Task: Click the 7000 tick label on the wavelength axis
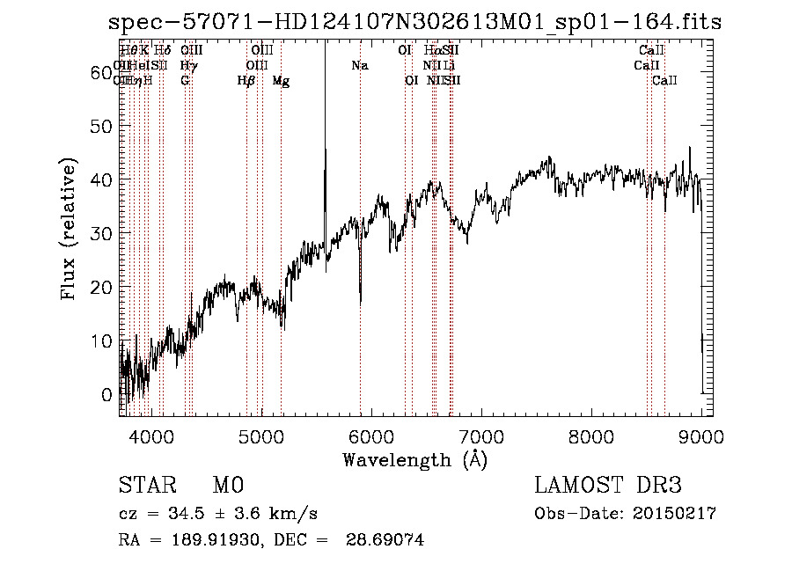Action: (481, 437)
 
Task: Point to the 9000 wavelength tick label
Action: (701, 437)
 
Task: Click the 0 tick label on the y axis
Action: (107, 394)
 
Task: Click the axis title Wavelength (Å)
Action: (414, 459)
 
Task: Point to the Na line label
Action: (360, 66)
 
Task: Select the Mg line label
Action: (281, 81)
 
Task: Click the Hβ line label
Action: (246, 81)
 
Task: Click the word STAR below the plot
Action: (147, 486)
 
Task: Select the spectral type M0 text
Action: (227, 486)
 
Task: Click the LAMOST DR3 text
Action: (608, 486)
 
